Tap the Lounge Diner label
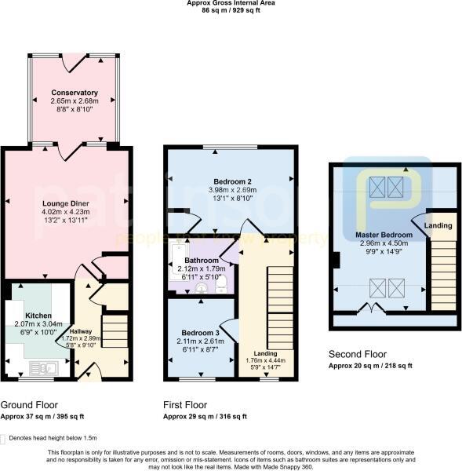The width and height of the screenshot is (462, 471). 64,203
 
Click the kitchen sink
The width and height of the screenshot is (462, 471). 41,366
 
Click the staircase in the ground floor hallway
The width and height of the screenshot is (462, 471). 115,330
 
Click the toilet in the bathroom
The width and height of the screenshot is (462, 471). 220,283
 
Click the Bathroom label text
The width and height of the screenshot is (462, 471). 201,260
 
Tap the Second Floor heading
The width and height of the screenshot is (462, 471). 357,353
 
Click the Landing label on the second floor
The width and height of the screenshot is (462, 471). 438,226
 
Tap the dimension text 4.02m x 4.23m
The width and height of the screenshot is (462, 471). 64,211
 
